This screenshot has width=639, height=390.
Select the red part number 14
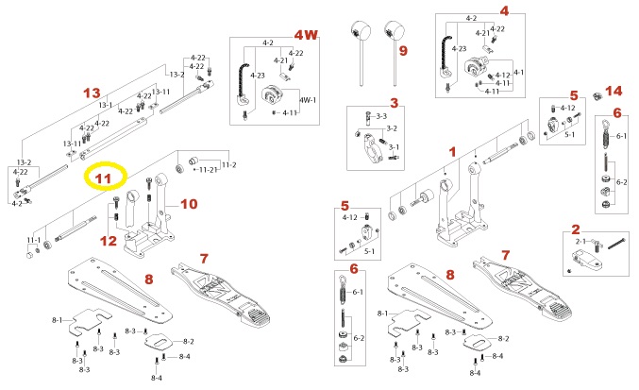coord(614,93)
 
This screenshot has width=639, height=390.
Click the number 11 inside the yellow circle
coord(103,177)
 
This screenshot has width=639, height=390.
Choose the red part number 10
coord(189,203)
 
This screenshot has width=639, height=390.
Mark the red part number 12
coord(109,241)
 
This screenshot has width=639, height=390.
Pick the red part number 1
coord(451,151)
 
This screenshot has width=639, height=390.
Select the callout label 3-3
coord(381,116)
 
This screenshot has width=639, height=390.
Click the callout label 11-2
coord(228,165)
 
